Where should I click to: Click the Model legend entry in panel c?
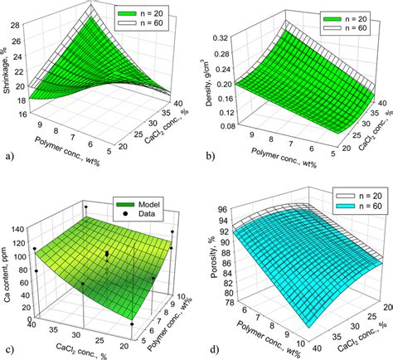(x=129, y=202)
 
